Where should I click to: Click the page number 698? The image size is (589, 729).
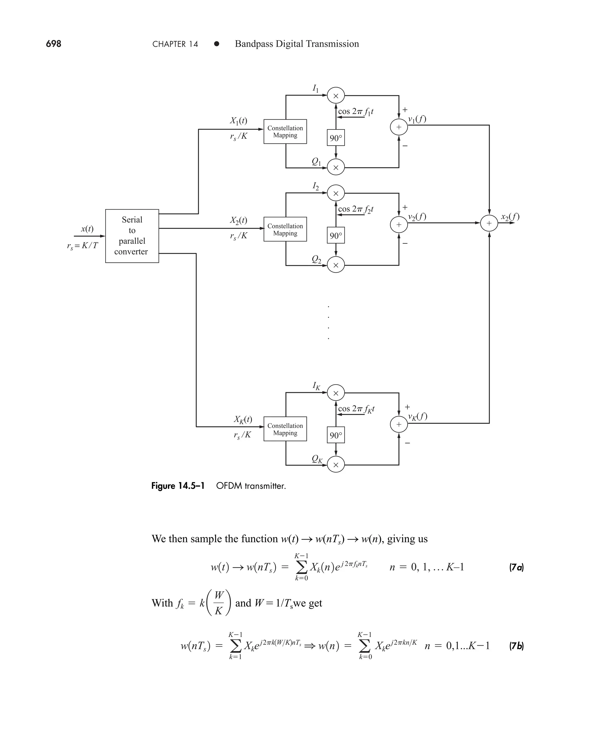(53, 44)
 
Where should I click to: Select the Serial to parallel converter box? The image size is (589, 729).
(132, 236)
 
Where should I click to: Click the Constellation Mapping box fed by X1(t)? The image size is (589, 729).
(285, 132)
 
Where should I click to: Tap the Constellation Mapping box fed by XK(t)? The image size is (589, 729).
(285, 429)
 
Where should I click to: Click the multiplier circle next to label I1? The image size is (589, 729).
(336, 96)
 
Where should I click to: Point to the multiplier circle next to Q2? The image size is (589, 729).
(336, 265)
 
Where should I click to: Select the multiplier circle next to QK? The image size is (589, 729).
(336, 465)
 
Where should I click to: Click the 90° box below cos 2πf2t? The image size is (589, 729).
(336, 236)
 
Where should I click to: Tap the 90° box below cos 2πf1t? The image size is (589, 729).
(336, 138)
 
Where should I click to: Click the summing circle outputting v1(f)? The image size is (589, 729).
(399, 127)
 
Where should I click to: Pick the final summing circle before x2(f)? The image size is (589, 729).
(489, 223)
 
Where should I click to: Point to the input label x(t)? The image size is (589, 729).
(87, 229)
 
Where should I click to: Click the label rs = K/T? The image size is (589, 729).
(83, 246)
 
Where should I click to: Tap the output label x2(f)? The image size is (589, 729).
(510, 217)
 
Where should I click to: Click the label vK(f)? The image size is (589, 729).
(417, 416)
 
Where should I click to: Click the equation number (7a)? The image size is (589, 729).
(516, 567)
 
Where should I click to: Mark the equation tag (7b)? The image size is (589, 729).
(516, 646)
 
